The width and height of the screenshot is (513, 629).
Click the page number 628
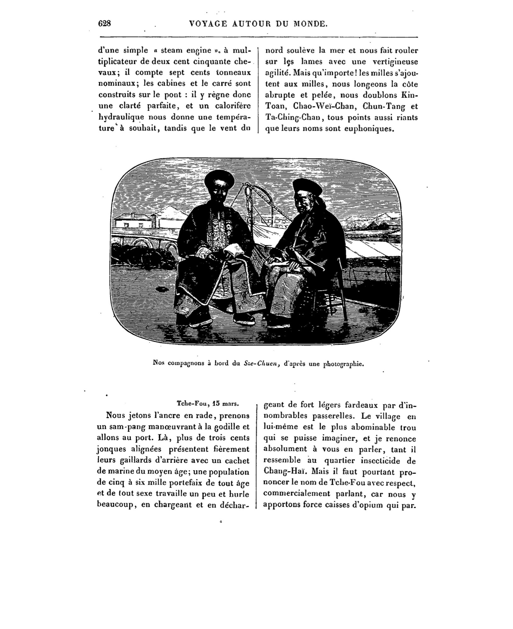point(105,24)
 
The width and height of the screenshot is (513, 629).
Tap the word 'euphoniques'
point(371,129)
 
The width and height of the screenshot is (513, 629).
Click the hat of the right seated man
point(307,187)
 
